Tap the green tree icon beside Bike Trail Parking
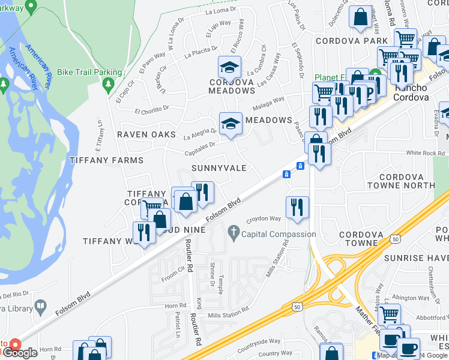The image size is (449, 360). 109,86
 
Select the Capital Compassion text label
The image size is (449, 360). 279,235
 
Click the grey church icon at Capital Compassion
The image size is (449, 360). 234,231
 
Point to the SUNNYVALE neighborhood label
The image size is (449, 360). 218,169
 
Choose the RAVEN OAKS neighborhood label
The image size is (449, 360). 146,134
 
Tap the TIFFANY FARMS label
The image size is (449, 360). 106,160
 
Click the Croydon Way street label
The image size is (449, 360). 264,220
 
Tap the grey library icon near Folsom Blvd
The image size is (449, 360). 40,306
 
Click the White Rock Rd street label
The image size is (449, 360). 425,153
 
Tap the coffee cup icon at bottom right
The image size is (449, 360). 408,348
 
